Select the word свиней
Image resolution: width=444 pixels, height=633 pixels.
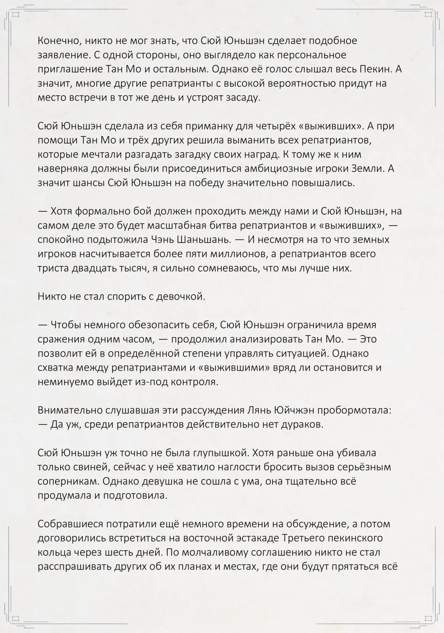[x=91, y=467]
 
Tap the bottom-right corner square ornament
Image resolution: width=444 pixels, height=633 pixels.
[x=428, y=618]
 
